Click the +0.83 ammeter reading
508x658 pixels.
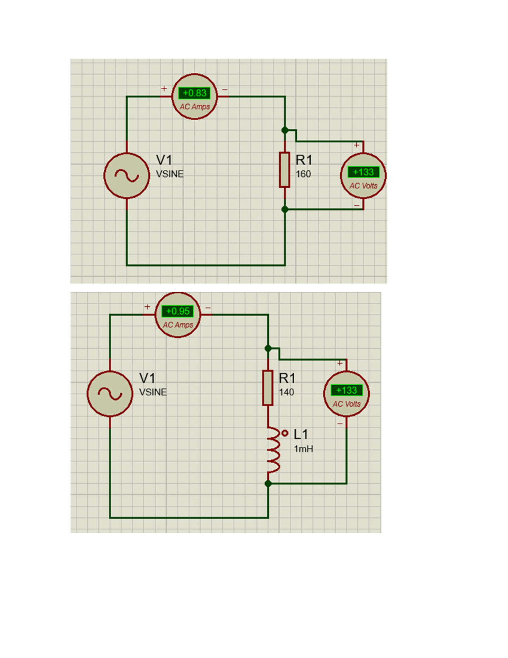194,93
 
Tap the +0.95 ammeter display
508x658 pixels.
178,311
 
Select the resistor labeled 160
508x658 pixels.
284,169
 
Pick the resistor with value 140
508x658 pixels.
268,388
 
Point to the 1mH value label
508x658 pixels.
304,449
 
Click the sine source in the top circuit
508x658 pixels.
127,175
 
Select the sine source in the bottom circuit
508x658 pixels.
110,394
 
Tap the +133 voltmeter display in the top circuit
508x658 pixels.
363,172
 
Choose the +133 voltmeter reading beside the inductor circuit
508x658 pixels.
346,390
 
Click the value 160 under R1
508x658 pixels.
303,174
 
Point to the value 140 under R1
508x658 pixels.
286,392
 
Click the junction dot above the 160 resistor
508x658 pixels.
285,130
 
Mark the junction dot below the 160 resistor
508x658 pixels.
285,209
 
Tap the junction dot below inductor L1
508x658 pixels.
268,483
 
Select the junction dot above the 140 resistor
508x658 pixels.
268,348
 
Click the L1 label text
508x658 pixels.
301,434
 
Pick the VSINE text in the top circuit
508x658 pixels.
170,174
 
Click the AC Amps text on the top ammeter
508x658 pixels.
195,107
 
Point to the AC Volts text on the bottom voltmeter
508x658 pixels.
347,404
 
